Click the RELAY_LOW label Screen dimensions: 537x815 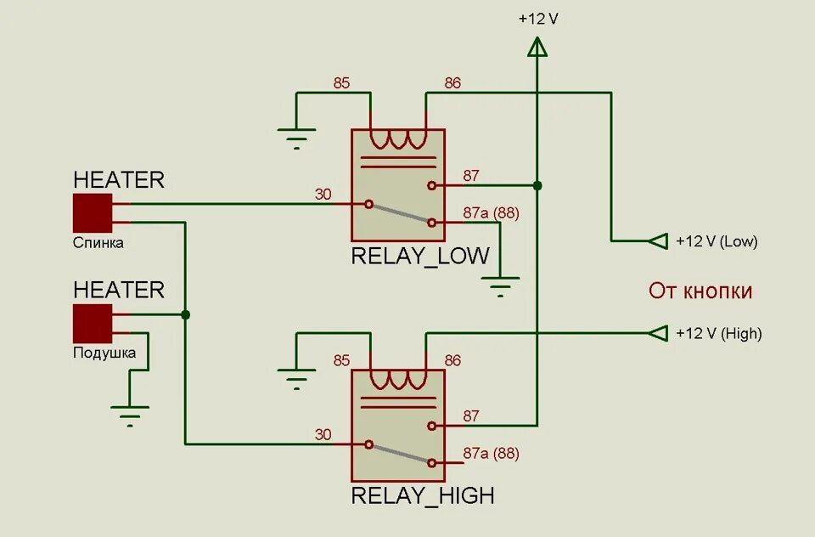coord(420,255)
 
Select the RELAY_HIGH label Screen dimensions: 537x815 coord(423,495)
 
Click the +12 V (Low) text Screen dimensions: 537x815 coord(717,241)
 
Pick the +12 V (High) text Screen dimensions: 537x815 coord(719,334)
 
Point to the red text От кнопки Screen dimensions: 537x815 coord(700,291)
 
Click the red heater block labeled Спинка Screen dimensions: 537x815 coord(93,212)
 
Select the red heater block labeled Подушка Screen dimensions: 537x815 coord(93,323)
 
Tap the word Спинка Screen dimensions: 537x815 coord(98,243)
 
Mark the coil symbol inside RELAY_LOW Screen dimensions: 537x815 coord(398,138)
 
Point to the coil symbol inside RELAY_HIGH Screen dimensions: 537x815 coord(398,378)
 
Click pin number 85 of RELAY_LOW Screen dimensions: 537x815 coord(341,83)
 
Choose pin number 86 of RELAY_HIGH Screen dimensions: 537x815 coord(452,360)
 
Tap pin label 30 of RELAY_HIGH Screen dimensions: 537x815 coord(323,434)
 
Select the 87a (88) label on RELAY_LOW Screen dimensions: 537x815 coord(492,212)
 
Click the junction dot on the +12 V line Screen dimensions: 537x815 coord(537,185)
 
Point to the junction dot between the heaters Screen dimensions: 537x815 coord(185,314)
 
